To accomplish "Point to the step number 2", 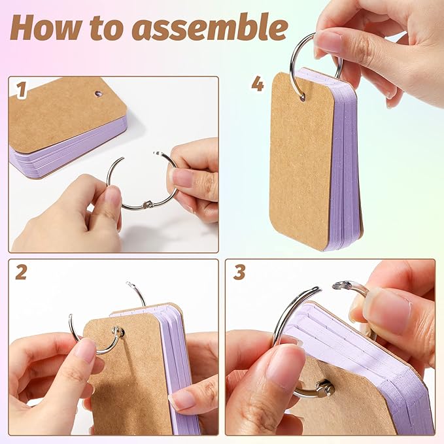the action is pyautogui.click(x=21, y=273).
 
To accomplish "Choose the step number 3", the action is pyautogui.click(x=239, y=273).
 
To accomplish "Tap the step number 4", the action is pyautogui.click(x=258, y=84).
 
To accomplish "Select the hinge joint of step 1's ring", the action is pyautogui.click(x=146, y=204).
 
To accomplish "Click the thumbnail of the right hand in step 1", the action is pyautogui.click(x=182, y=179).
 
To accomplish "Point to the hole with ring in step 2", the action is pyautogui.click(x=118, y=332).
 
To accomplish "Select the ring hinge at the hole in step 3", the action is pyautogui.click(x=326, y=388).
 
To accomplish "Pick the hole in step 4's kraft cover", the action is pyautogui.click(x=302, y=97).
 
